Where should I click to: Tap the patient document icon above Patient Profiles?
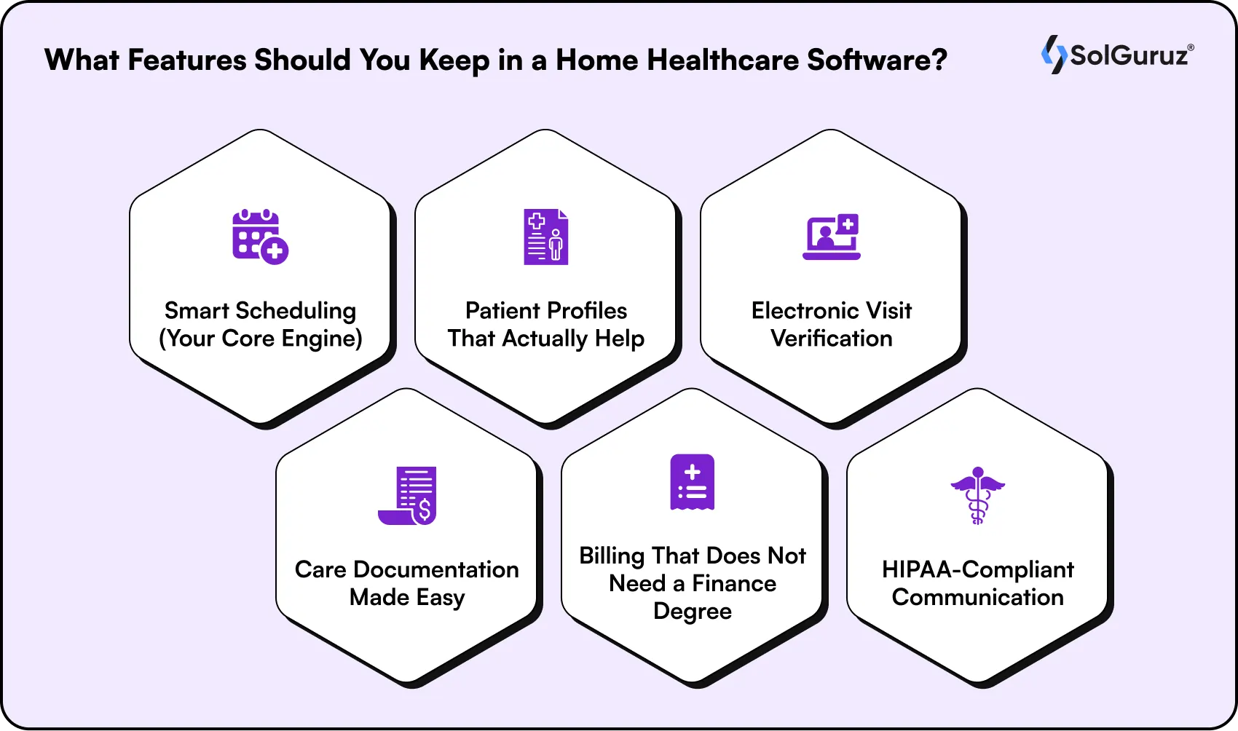point(545,237)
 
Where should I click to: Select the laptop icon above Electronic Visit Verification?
point(832,237)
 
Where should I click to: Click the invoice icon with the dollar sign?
point(407,495)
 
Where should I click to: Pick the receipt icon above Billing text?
point(692,482)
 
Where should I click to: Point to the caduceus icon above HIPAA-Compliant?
point(977,495)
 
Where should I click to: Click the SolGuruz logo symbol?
point(1053,55)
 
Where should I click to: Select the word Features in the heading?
point(187,60)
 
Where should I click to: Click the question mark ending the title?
point(939,60)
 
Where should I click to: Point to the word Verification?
point(831,339)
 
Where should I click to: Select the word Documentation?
point(435,569)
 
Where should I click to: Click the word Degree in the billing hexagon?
point(692,611)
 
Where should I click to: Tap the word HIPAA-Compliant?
point(977,569)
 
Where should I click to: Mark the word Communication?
point(977,597)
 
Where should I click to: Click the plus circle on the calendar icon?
point(275,251)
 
